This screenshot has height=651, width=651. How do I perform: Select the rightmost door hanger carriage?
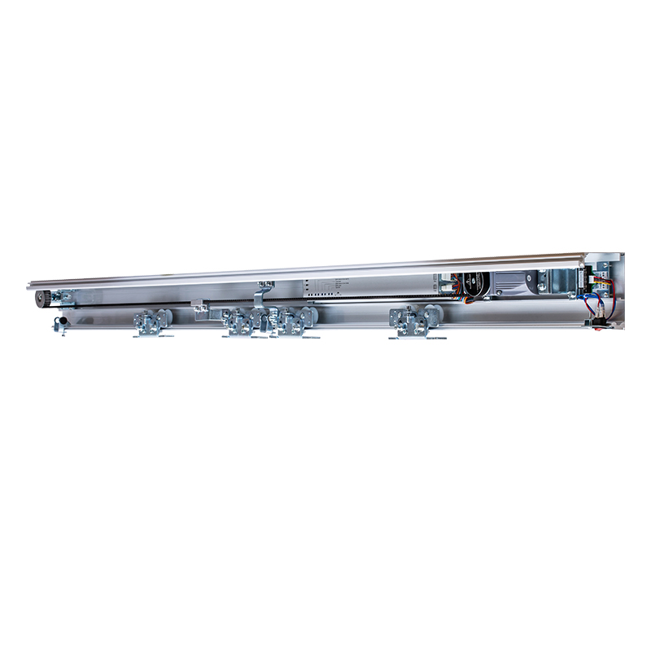coord(416,321)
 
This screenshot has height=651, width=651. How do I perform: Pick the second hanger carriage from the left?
coord(242,323)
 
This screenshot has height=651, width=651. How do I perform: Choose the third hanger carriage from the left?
coord(293,322)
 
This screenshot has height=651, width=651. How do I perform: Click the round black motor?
coord(474,284)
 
